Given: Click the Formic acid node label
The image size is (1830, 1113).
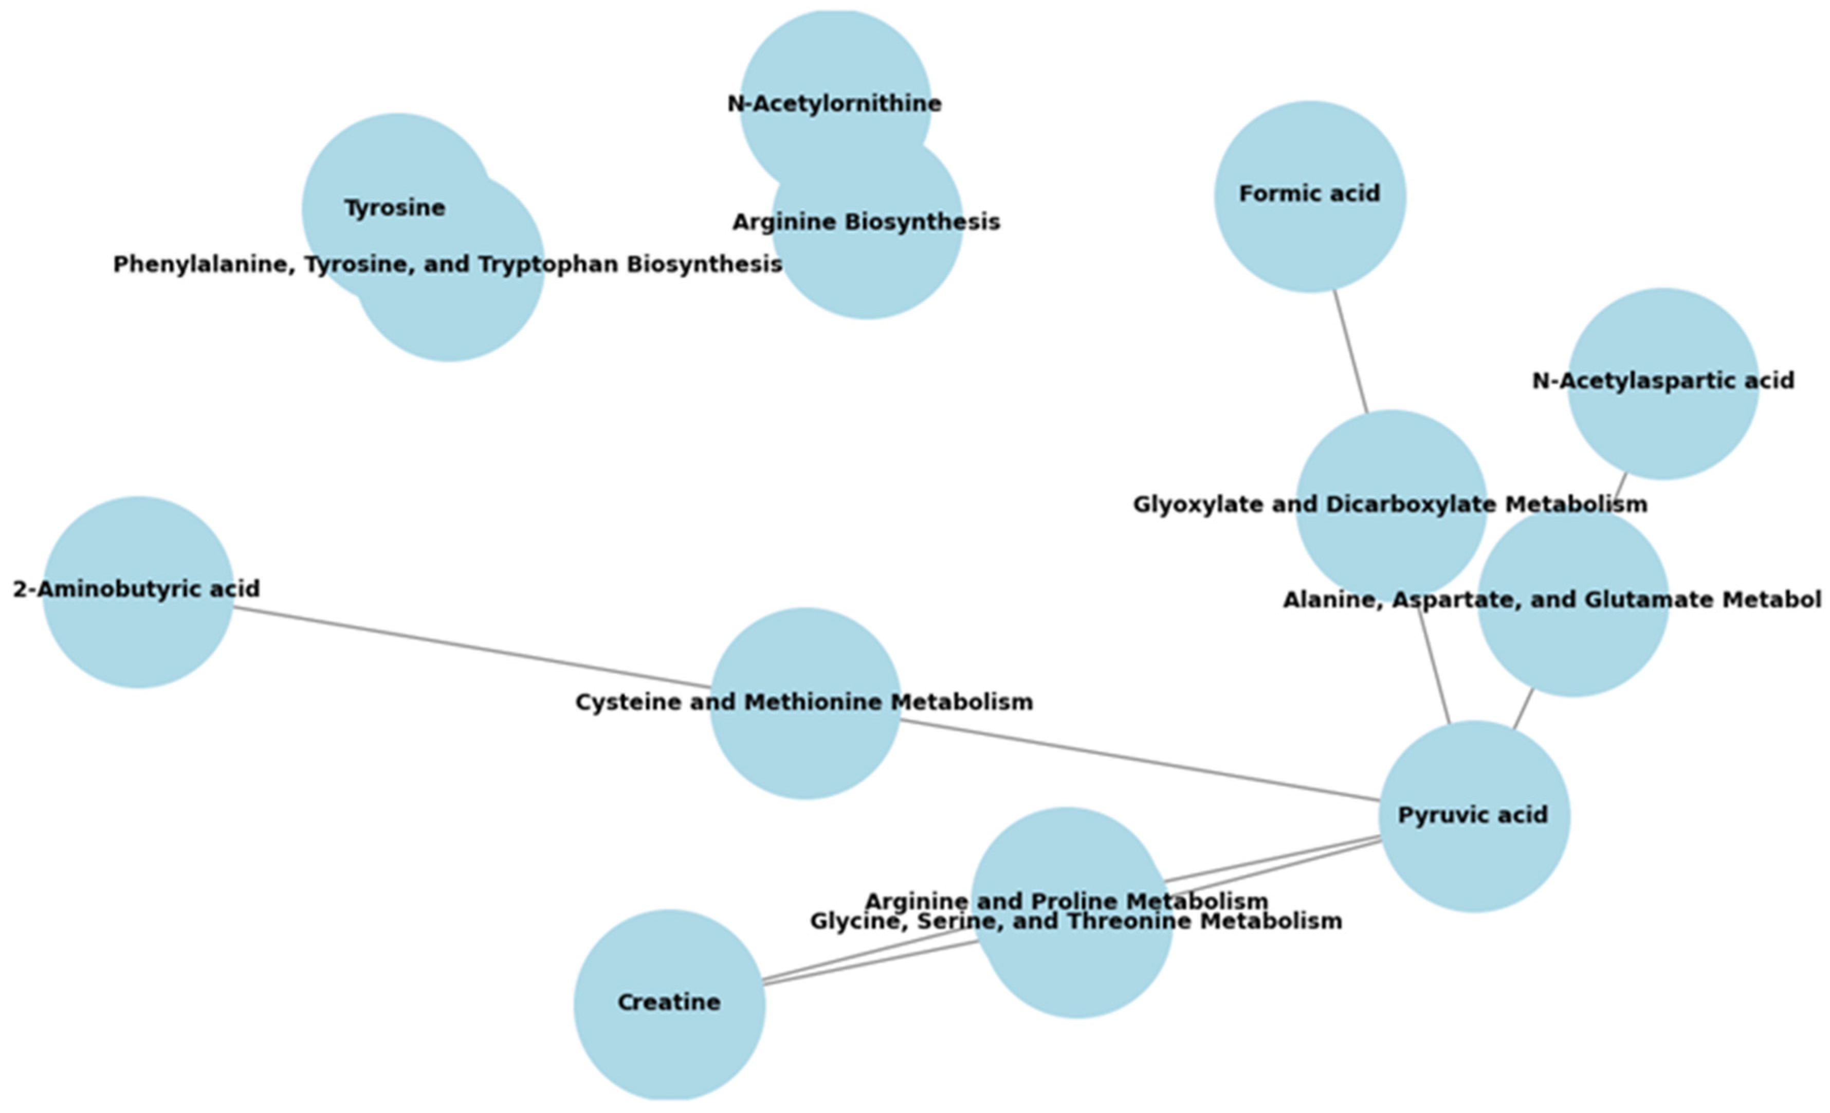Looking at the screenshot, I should (x=1309, y=194).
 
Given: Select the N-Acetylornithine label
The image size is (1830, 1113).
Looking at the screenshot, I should (x=834, y=104).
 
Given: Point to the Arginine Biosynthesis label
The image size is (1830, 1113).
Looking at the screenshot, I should (x=866, y=222).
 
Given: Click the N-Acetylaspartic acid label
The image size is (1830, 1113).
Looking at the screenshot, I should (x=1663, y=381).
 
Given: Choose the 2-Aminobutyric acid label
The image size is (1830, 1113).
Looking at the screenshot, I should (x=137, y=589).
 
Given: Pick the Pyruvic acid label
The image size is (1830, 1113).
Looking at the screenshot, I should (x=1473, y=815).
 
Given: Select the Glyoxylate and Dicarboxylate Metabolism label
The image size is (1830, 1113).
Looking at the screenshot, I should (x=1389, y=505).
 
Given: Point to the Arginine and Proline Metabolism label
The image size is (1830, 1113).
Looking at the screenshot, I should (x=1067, y=901).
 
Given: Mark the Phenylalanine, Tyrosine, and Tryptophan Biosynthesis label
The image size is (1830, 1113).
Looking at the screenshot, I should (x=447, y=264).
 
